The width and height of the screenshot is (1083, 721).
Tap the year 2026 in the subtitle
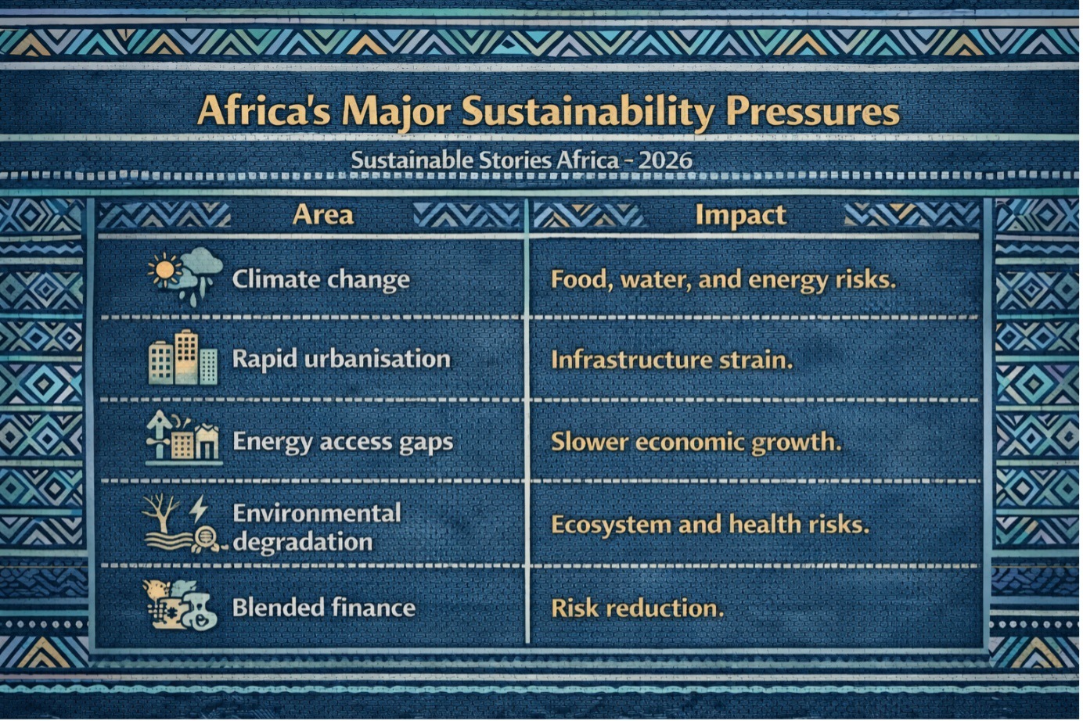tap(665, 160)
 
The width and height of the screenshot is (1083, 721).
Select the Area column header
tap(323, 214)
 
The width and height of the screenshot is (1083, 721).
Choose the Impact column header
tap(741, 216)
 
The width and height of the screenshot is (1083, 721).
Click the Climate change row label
tap(321, 279)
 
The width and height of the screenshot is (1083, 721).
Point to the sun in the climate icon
tap(165, 269)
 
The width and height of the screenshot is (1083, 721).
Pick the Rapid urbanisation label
tap(341, 360)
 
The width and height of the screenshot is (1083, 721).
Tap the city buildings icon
tap(183, 357)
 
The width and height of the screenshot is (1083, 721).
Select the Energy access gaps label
tap(343, 442)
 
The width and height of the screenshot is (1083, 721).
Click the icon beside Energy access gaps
tap(183, 437)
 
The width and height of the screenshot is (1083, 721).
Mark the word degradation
tap(303, 542)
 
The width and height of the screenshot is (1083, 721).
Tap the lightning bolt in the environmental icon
tap(198, 509)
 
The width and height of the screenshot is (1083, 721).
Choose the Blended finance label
tap(324, 608)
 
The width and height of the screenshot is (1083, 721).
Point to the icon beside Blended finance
tap(180, 605)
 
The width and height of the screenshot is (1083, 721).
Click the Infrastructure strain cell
tap(672, 360)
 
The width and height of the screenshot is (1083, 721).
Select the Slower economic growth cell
tap(696, 442)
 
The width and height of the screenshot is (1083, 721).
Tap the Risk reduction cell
tap(638, 608)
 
